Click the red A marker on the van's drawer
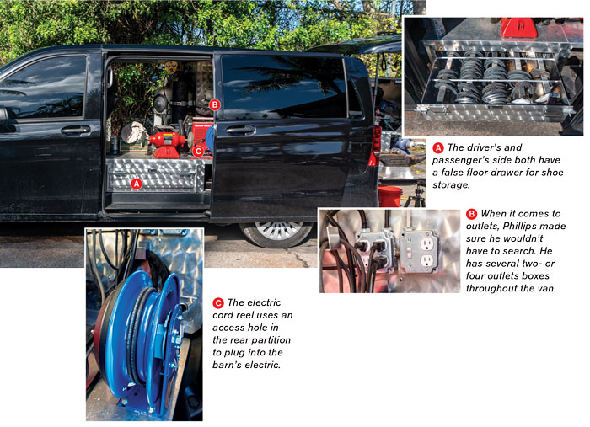pyautogui.click(x=137, y=184)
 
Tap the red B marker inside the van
pyautogui.click(x=214, y=104)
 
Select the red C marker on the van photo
pyautogui.click(x=198, y=152)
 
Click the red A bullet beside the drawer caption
pyautogui.click(x=438, y=147)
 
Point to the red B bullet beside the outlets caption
pyautogui.click(x=471, y=214)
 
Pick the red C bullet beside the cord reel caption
pyautogui.click(x=218, y=303)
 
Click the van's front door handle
pyautogui.click(x=76, y=131)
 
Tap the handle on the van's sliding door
pyautogui.click(x=241, y=130)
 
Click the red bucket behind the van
pyautogui.click(x=389, y=196)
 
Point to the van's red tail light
pyautogui.click(x=375, y=146)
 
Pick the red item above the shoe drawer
pyautogui.click(x=520, y=28)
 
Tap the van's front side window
pyautogui.click(x=43, y=88)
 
